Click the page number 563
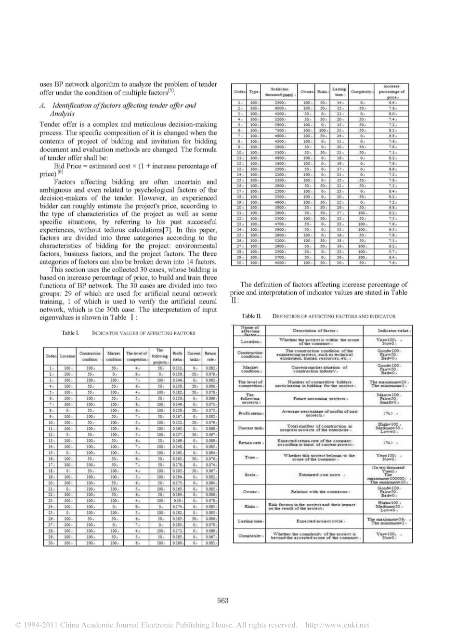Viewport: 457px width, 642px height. pos(222,600)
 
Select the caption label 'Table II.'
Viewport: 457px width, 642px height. pos(251,316)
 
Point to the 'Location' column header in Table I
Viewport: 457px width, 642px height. pos(67,356)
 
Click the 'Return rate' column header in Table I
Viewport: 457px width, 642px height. pos(210,356)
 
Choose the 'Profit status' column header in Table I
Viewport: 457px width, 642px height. pos(177,356)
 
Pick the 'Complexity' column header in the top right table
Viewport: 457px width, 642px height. pos(361,92)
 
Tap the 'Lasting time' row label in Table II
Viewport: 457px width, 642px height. pos(250,521)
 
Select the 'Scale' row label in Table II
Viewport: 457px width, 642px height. pos(250,474)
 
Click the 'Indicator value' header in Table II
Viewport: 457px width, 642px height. pos(394,330)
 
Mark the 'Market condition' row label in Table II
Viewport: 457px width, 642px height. pos(250,369)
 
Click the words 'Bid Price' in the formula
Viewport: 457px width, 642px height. pos(69,166)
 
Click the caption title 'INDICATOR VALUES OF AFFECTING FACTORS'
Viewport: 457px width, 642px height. pos(144,333)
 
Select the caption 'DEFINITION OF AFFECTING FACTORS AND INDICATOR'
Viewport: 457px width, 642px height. pos(334,316)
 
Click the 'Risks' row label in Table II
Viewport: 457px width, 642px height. pos(250,506)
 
